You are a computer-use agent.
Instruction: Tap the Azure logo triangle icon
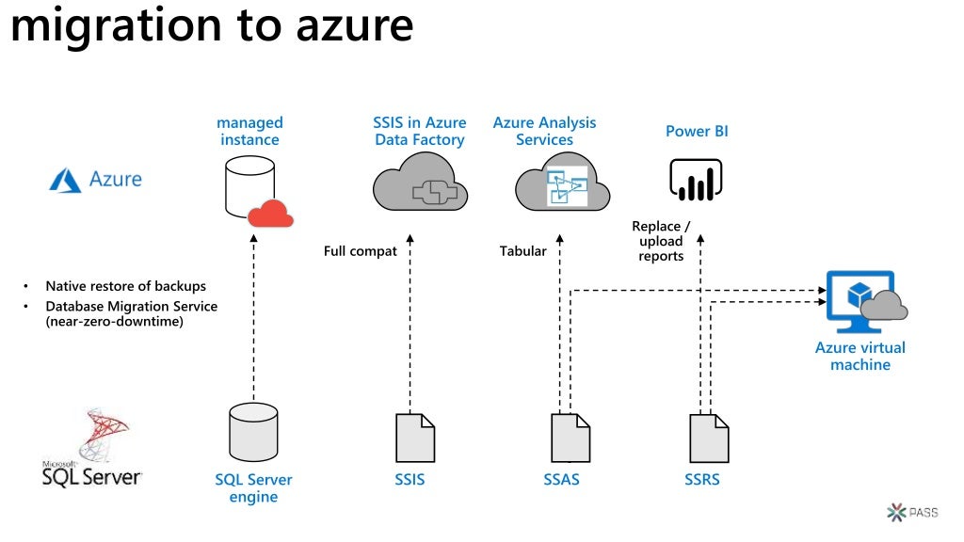(x=65, y=180)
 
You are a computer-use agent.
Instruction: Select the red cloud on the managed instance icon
(x=271, y=215)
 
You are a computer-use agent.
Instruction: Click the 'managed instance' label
(x=249, y=131)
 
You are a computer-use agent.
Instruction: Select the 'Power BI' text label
(x=697, y=131)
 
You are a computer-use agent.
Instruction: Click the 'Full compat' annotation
(x=360, y=251)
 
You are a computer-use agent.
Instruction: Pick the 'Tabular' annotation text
(x=522, y=251)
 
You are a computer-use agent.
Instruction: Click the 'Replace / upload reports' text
(x=661, y=241)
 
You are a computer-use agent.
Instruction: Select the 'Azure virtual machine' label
(x=860, y=356)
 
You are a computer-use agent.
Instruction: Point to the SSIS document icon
(x=414, y=438)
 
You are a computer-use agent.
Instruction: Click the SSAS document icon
(x=570, y=438)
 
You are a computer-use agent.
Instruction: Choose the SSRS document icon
(x=708, y=438)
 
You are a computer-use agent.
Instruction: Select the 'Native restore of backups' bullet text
(x=125, y=286)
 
